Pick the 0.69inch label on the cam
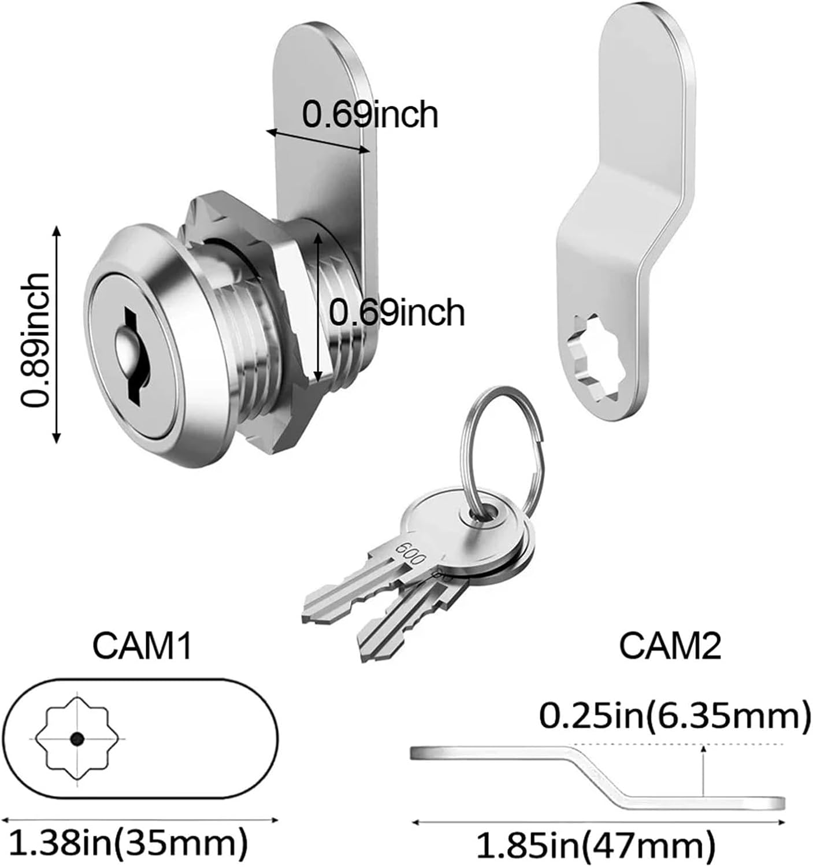[x=370, y=114]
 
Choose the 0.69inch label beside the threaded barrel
[x=397, y=312]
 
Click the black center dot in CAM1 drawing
[x=77, y=739]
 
